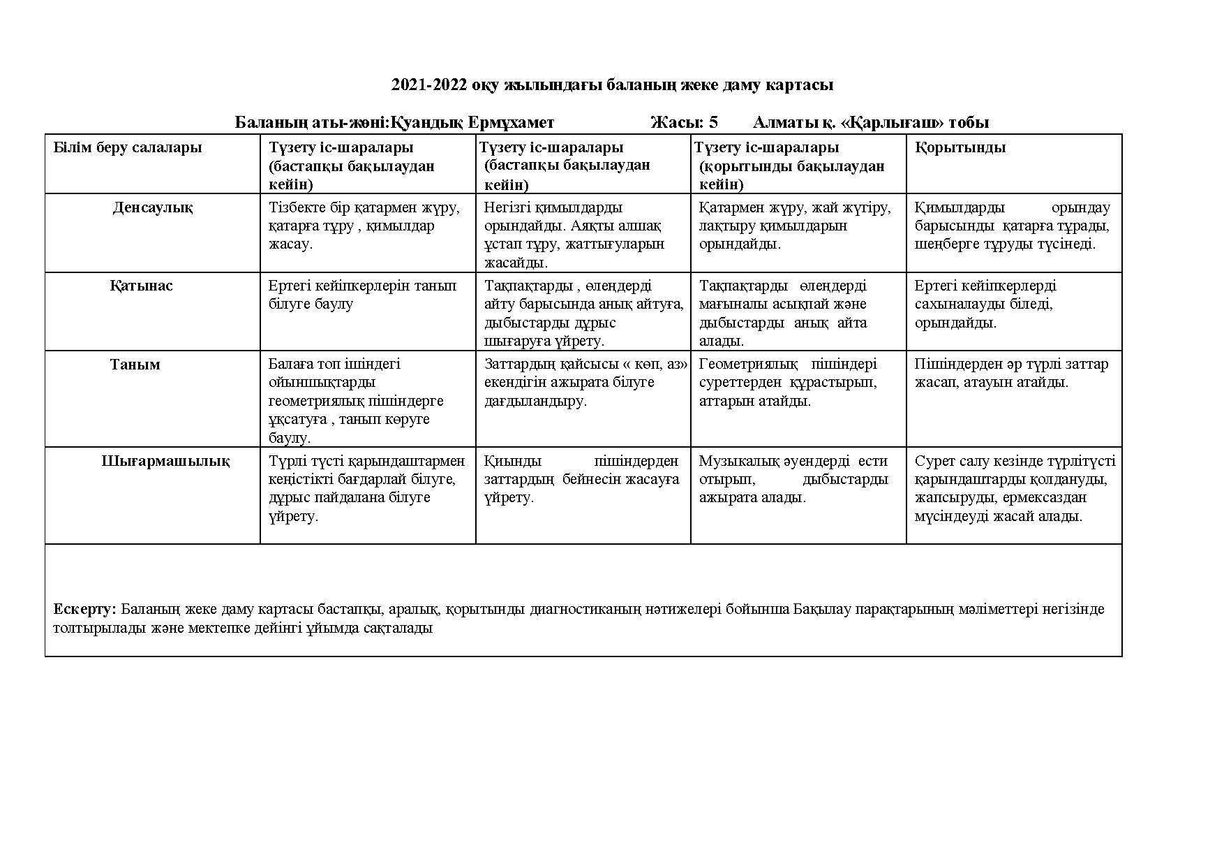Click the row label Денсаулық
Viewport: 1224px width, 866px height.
153,207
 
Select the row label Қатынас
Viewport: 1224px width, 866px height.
141,286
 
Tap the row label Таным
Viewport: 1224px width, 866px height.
135,365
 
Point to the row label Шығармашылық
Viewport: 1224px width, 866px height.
165,461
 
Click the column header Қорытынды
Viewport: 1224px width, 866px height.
960,147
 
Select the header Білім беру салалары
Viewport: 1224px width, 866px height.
128,147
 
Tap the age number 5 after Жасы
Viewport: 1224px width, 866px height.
712,123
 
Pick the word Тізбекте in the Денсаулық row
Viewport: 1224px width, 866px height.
295,207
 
